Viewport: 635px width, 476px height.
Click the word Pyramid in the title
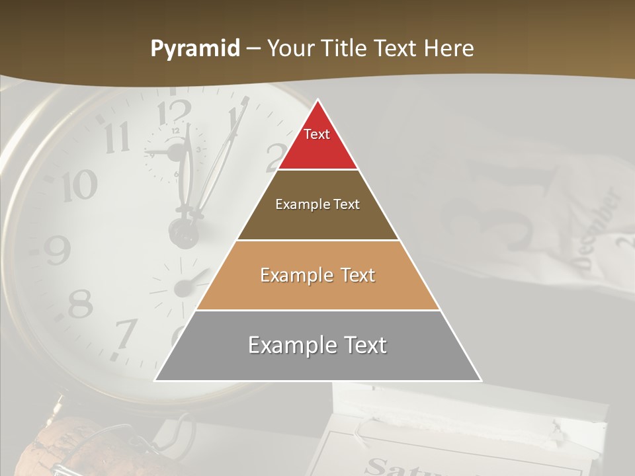tap(194, 49)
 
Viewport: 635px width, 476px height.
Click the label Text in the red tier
tap(317, 134)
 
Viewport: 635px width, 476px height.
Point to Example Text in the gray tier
tap(317, 345)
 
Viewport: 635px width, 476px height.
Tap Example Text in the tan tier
tap(317, 275)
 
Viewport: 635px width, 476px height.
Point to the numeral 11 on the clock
tap(117, 138)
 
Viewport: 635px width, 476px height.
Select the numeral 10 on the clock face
tap(79, 187)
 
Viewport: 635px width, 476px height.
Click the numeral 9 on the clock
tap(58, 250)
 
